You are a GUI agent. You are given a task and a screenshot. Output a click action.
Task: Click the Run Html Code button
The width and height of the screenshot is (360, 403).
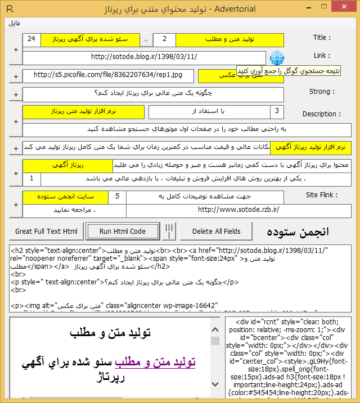click(122, 231)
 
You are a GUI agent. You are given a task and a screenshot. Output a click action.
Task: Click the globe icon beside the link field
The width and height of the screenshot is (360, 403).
click(276, 58)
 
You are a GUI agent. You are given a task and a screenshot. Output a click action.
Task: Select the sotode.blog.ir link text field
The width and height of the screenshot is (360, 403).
click(144, 57)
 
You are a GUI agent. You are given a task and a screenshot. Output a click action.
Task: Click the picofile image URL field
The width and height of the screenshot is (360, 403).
click(108, 75)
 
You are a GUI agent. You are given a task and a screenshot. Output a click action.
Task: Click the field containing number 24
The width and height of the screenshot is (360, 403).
click(31, 39)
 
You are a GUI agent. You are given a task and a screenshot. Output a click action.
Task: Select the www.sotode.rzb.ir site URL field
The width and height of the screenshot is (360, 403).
click(239, 210)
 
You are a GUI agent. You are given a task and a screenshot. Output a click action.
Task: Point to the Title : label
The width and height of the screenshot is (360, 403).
click(322, 38)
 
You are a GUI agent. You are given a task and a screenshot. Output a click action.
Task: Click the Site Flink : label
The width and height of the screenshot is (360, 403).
click(321, 195)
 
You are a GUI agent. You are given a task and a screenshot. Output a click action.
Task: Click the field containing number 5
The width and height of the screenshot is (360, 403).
click(117, 197)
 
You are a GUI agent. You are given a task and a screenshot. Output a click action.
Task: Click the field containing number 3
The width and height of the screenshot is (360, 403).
click(277, 111)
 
